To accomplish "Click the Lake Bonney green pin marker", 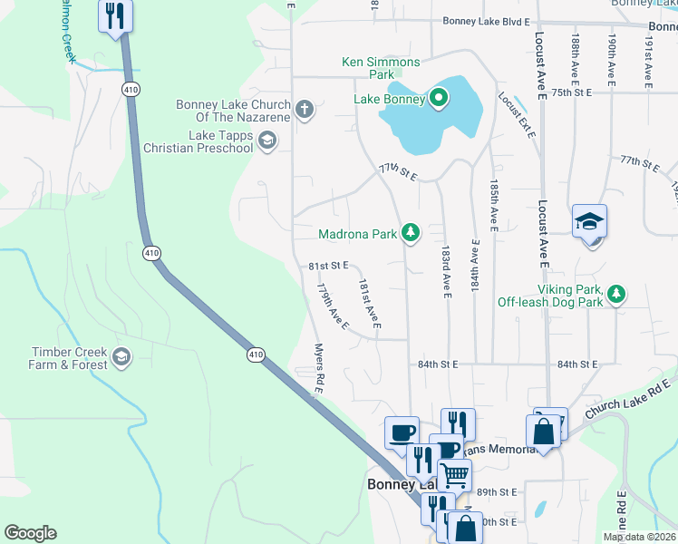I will click(439, 98).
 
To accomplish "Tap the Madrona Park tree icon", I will click(412, 233).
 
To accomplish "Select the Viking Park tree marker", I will click(616, 293).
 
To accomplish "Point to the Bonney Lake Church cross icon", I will click(304, 111).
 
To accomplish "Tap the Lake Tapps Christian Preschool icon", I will click(266, 140).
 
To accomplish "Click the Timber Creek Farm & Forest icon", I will click(121, 358).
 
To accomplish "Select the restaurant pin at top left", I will click(117, 16).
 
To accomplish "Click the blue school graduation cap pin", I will click(589, 223).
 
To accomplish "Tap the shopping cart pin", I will click(454, 473).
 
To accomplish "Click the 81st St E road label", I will click(328, 267).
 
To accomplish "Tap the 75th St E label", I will click(571, 92).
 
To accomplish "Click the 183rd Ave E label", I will click(446, 270).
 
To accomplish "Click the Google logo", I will click(30, 533).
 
